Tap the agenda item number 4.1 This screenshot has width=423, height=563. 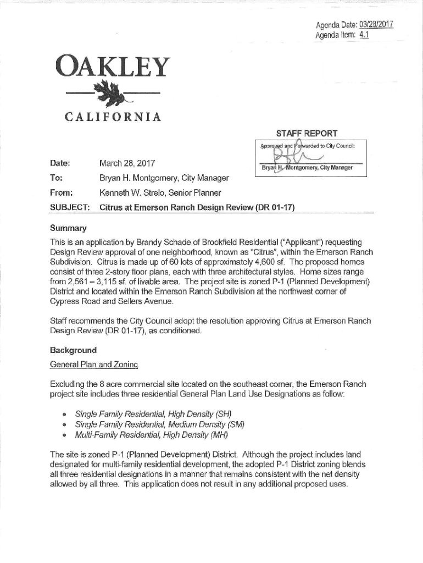[x=364, y=35]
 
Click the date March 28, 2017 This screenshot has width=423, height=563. [x=126, y=164]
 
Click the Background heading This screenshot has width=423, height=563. [x=73, y=350]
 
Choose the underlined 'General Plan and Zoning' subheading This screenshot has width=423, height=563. [x=93, y=365]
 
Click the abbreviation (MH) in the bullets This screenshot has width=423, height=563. [x=217, y=435]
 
